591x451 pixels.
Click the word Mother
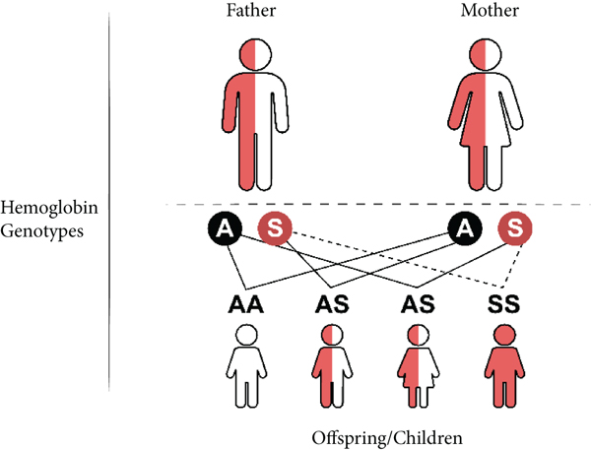(490, 12)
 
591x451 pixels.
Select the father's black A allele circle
(226, 228)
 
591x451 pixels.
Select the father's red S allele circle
(275, 228)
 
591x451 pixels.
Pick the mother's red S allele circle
(514, 228)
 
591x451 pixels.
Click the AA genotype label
(246, 304)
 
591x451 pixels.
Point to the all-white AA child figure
(245, 374)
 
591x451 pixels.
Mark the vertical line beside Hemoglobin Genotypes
(107, 197)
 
